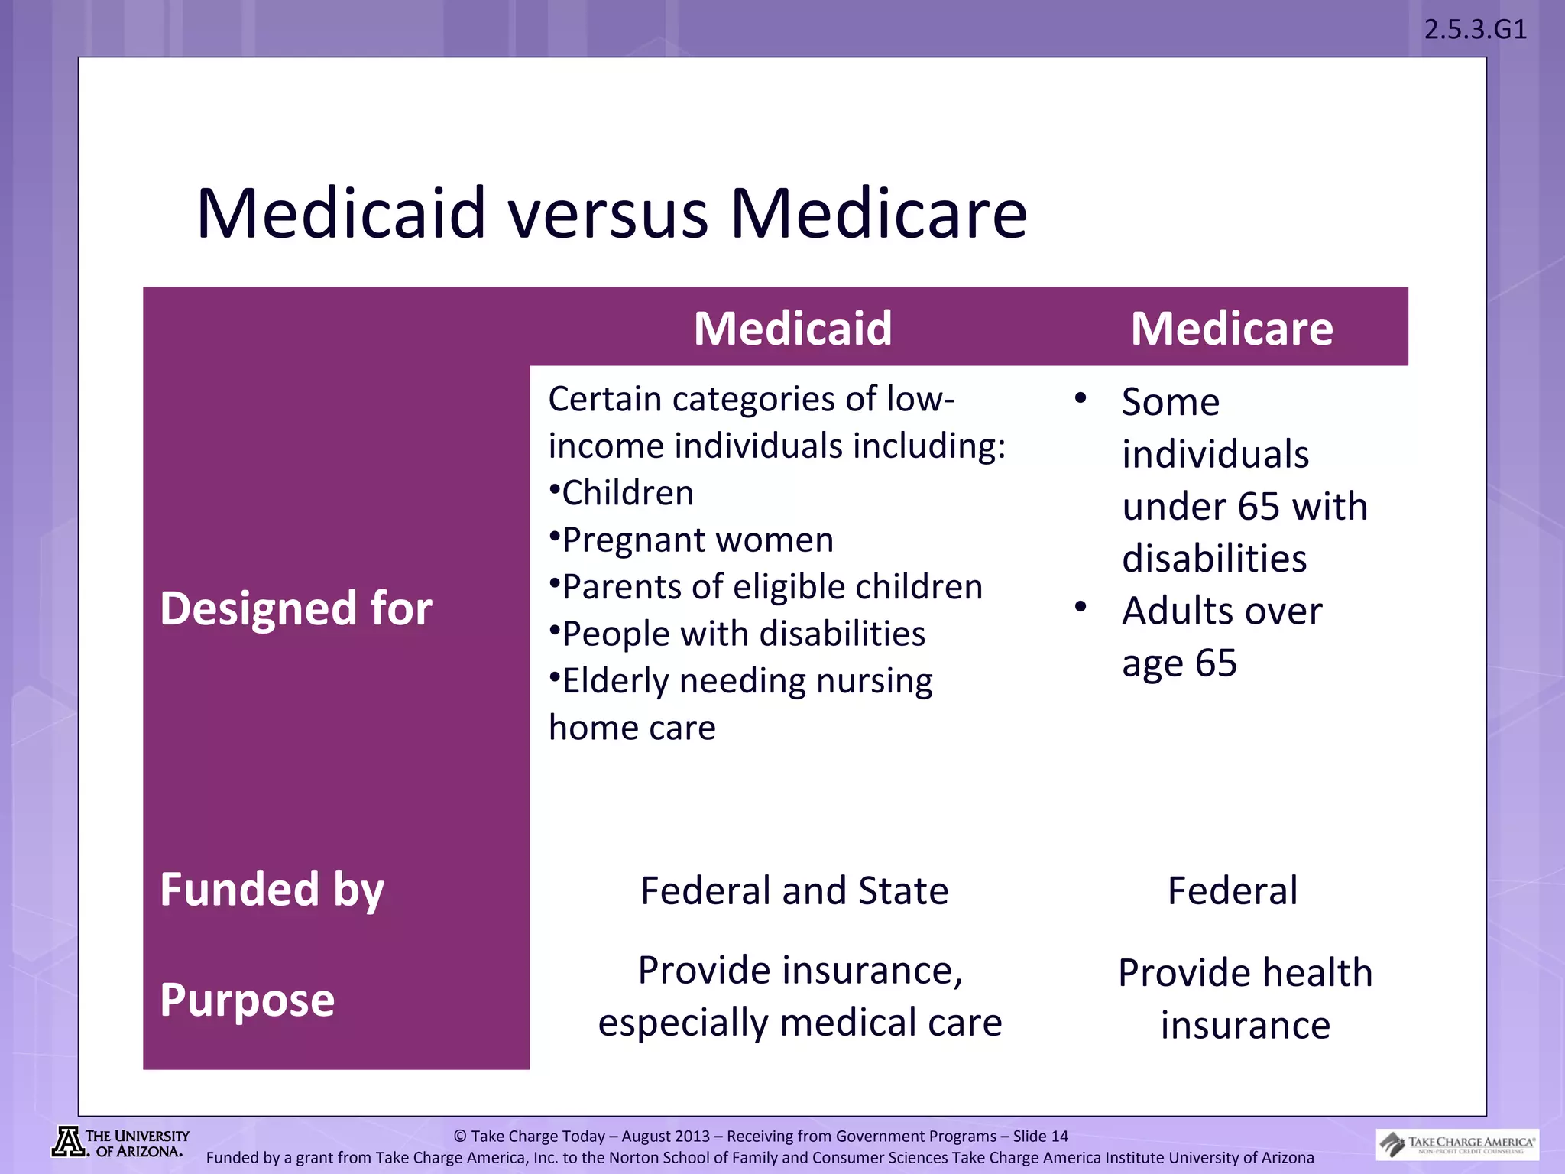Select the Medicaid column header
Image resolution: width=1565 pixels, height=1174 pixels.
coord(792,329)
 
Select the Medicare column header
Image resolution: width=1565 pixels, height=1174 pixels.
coord(1231,329)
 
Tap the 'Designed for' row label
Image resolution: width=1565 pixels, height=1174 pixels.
coord(296,608)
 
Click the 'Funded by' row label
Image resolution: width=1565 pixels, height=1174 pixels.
coord(271,890)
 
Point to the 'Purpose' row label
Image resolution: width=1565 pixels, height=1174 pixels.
coord(247,1000)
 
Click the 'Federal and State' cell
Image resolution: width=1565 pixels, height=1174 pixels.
coord(794,891)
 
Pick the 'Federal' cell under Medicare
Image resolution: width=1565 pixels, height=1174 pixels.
coord(1232,891)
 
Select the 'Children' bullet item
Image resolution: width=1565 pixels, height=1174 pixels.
coord(627,493)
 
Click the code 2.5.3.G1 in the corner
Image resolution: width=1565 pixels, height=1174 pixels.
coord(1475,30)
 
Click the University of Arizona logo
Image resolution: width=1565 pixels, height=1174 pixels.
coord(120,1143)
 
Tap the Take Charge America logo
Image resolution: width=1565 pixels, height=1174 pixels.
coord(1456,1144)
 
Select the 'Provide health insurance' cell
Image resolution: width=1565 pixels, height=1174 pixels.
coord(1245,998)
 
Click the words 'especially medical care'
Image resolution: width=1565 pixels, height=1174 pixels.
coord(799,1023)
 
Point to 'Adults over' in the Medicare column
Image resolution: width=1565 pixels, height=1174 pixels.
coord(1221,611)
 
